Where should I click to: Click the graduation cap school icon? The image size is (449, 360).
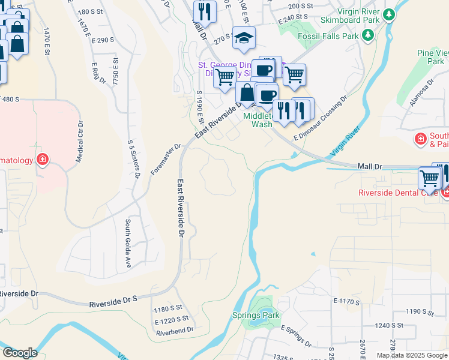tap(243, 38)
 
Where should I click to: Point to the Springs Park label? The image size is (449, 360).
tap(256, 315)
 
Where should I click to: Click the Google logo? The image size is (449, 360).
tap(20, 353)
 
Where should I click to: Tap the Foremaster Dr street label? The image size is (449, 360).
tap(166, 159)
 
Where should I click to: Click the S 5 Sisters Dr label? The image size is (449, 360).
tap(133, 158)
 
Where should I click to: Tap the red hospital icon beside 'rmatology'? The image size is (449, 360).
tap(42, 160)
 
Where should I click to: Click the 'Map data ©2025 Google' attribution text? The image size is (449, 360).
tap(411, 355)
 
